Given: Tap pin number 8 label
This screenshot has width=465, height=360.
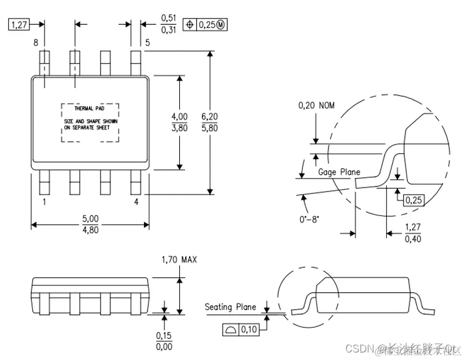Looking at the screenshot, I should click(36, 43).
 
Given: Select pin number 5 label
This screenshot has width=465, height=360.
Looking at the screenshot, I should click(147, 43).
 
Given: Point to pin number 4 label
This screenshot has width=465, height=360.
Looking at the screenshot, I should click(136, 202).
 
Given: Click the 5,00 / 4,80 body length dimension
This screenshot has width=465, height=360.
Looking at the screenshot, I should click(91, 223).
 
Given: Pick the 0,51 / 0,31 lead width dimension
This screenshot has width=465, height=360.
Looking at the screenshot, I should click(168, 24).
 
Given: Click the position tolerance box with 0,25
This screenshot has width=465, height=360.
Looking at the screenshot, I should click(203, 24).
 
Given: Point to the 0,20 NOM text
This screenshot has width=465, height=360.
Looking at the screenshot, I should click(316, 105).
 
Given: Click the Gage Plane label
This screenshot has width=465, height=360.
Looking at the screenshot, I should click(339, 172).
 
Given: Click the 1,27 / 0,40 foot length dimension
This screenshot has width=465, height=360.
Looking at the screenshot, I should click(412, 233).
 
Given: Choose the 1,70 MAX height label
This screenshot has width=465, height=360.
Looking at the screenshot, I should click(179, 260).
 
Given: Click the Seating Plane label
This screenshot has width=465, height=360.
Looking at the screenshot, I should click(230, 307).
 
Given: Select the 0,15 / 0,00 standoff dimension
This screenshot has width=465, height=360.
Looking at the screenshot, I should click(165, 341).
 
